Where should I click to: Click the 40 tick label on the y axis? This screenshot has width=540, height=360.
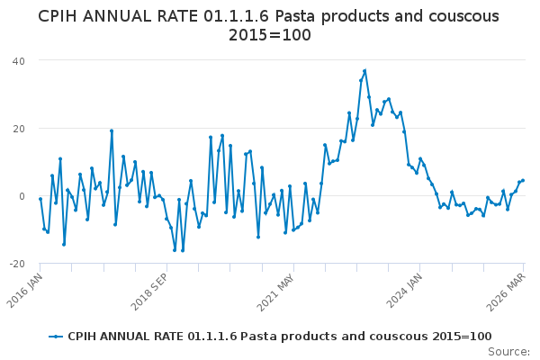[x=18, y=60]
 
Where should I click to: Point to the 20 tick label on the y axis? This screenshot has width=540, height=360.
[x=18, y=128]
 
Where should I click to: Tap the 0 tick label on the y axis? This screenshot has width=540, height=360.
[x=21, y=196]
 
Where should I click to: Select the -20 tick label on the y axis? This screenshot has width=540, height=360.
[x=16, y=264]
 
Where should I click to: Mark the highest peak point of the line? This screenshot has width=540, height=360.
[x=364, y=71]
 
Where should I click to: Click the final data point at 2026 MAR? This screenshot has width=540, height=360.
[x=523, y=180]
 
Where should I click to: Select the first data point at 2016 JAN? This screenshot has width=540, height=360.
[x=40, y=199]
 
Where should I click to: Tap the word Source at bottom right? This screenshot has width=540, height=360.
[x=508, y=351]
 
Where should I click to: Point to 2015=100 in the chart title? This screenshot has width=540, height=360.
[x=269, y=36]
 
